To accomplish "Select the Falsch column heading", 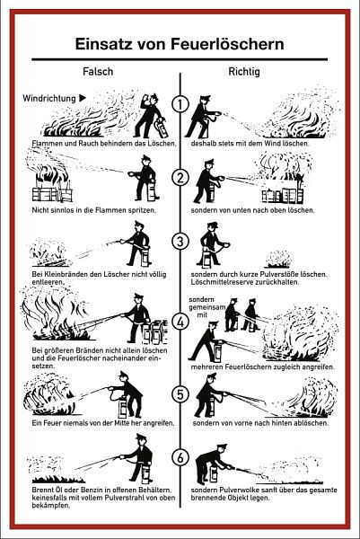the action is [x=98, y=72].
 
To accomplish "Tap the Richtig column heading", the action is [x=244, y=72].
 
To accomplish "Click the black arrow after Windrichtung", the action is [x=83, y=98].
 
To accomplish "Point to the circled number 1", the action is [x=180, y=104].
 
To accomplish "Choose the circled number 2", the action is [x=180, y=177].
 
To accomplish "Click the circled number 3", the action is [x=180, y=242].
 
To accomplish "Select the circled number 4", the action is [x=180, y=322].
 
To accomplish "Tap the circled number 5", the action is [x=180, y=394].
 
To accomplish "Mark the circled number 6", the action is [x=180, y=457].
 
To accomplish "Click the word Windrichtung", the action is [x=49, y=98].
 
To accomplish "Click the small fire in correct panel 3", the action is [x=278, y=260].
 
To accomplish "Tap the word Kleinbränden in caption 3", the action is [x=64, y=274].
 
